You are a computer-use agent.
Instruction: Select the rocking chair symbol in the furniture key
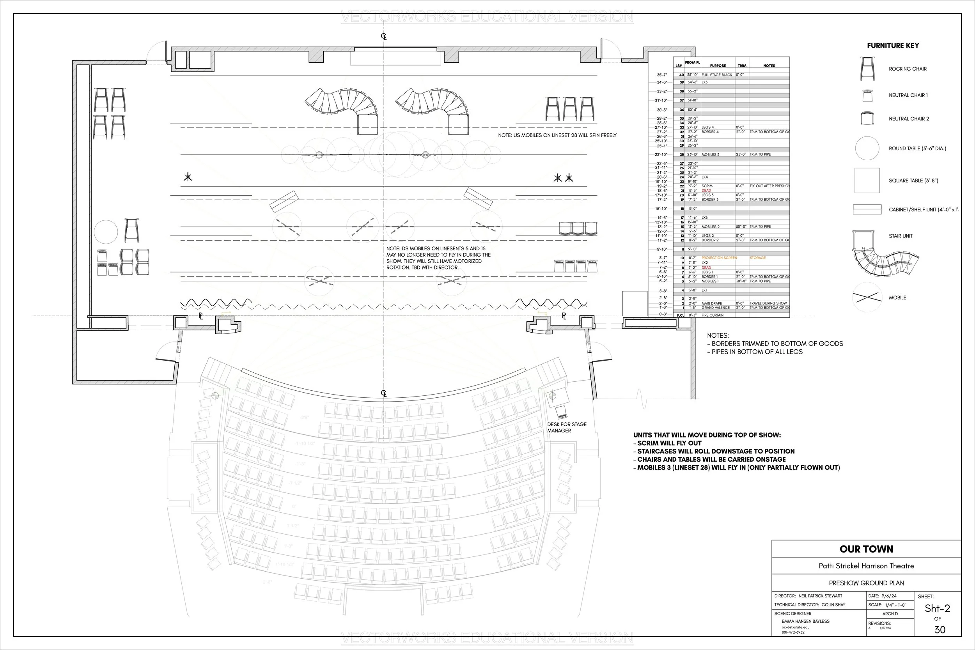click(867, 69)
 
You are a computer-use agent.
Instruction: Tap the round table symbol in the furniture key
click(867, 149)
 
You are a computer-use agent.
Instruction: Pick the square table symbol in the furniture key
click(867, 180)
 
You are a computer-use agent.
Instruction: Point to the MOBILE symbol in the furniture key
click(867, 297)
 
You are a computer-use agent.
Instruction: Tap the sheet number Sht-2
click(937, 608)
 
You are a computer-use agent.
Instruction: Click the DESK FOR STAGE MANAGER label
click(566, 427)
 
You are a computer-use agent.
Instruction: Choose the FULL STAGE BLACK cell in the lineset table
click(717, 75)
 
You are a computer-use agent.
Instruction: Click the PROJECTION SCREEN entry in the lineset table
click(719, 258)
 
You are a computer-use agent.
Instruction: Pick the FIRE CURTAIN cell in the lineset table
click(713, 315)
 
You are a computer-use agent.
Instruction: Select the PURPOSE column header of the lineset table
click(718, 66)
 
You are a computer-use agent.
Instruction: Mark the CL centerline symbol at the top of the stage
click(384, 37)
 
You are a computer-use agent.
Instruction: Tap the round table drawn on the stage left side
click(106, 232)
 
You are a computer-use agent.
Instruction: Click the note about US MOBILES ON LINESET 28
click(557, 135)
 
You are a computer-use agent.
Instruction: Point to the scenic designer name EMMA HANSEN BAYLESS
click(805, 622)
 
